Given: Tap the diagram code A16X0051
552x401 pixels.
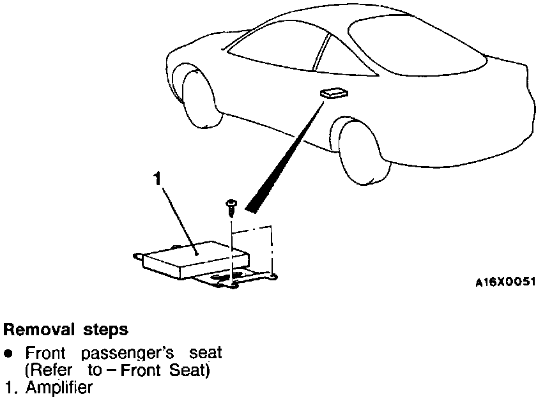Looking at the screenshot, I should [505, 281].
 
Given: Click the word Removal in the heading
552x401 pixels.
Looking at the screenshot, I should [40, 330].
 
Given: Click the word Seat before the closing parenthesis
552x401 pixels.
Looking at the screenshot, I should [192, 370].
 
